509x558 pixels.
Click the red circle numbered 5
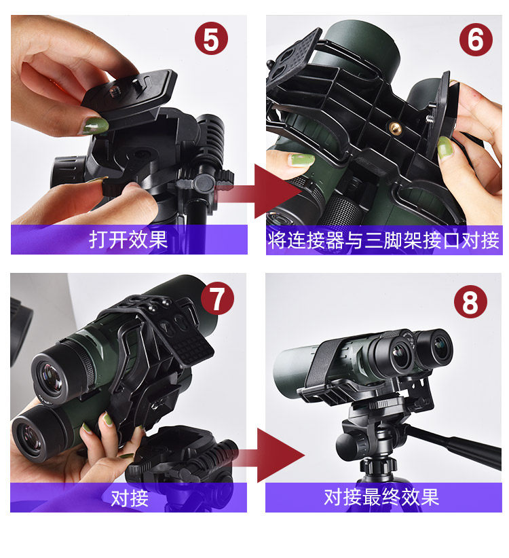click(x=211, y=39)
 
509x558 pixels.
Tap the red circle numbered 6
click(x=476, y=39)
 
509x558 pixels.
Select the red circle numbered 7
click(x=217, y=298)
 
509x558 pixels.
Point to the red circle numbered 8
click(x=470, y=302)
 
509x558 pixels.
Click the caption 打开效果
click(x=128, y=240)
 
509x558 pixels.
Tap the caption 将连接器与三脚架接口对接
click(x=384, y=240)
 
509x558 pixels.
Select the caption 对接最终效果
click(x=381, y=497)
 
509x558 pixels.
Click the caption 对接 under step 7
click(x=130, y=498)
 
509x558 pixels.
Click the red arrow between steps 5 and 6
click(x=260, y=192)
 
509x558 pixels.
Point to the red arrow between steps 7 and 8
click(x=263, y=455)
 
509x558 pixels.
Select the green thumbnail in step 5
click(x=96, y=126)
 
